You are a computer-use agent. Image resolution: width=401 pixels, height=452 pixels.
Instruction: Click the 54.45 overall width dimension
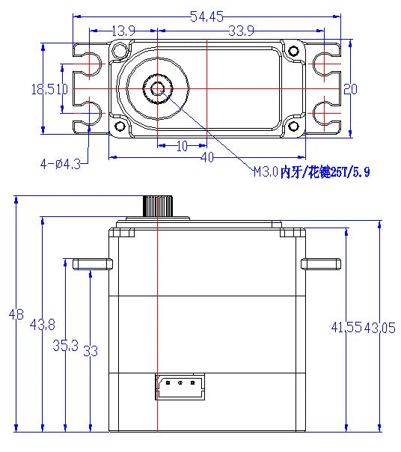tap(207, 16)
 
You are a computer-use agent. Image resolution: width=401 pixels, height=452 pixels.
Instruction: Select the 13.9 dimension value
tap(123, 31)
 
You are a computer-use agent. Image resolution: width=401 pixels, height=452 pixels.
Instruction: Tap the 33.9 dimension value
tap(241, 31)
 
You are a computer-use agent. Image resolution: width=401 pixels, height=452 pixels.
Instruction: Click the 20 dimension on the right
tap(349, 89)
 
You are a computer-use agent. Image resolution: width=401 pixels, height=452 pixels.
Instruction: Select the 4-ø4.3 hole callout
tap(61, 162)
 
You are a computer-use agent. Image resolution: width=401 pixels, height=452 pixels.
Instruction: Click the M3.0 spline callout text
tap(311, 172)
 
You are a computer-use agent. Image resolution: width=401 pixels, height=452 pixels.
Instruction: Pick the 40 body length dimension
tap(207, 157)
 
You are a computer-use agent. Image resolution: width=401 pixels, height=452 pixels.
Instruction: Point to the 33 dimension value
tap(91, 350)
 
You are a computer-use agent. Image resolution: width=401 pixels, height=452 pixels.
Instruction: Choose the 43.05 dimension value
tap(379, 326)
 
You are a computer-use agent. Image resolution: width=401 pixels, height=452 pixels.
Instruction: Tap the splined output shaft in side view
tap(157, 206)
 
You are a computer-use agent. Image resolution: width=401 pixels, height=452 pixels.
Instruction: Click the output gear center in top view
tap(158, 89)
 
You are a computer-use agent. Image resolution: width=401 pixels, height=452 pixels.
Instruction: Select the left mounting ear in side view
tap(92, 263)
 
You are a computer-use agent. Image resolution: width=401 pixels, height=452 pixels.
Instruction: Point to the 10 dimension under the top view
tap(182, 146)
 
